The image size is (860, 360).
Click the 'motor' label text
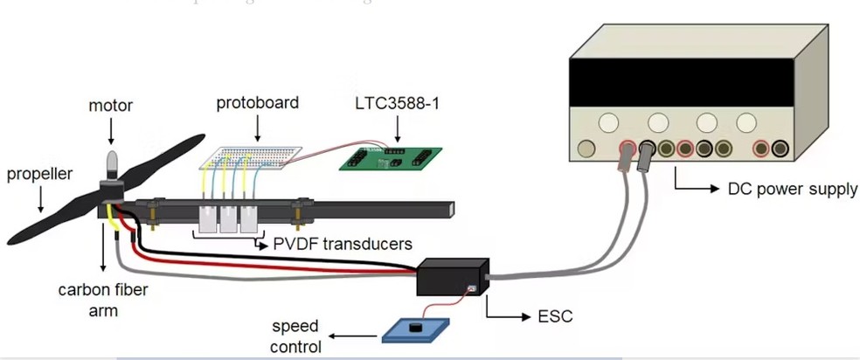pos(111,106)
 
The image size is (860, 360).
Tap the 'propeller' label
pos(38,173)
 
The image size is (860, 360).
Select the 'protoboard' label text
pos(258,102)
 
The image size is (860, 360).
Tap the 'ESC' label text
pos(555,315)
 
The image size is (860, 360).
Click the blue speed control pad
pos(416,329)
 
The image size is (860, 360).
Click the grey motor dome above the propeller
pos(111,163)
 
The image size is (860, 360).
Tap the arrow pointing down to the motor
pos(111,131)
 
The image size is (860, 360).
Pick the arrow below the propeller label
pos(38,201)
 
